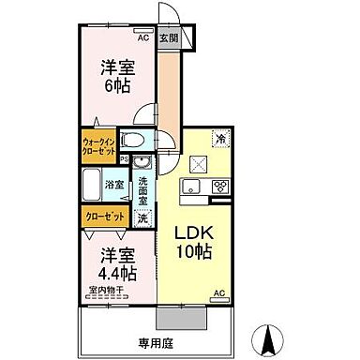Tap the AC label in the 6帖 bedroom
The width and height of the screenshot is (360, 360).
tap(143, 38)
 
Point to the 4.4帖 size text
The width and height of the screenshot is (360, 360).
tap(114, 273)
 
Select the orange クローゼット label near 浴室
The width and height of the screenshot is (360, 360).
tap(102, 215)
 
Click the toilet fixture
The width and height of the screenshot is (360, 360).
tap(135, 140)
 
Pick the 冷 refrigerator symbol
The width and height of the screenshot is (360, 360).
tap(221, 137)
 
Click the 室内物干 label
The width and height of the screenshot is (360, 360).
tap(107, 291)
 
